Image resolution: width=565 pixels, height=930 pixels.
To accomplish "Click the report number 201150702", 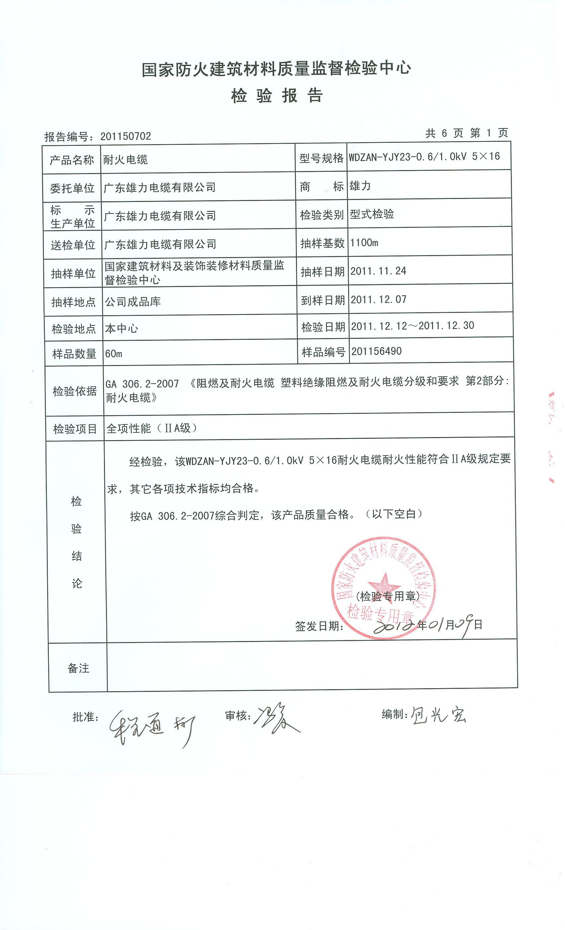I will pos(125,136).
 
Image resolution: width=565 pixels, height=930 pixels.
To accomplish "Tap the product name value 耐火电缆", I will pos(125,160).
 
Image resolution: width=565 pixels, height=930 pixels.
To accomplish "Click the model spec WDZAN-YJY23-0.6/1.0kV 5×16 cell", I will pos(424,157).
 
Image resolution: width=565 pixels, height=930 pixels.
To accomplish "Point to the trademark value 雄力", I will pos(360,186).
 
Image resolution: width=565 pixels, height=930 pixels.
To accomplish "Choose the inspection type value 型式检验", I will pos(372,214).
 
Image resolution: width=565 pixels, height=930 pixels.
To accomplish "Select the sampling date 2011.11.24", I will pos(378,271).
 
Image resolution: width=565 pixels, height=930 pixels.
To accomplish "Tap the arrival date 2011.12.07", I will pos(379,300).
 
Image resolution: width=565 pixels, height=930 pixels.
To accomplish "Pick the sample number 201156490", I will pos(376,351).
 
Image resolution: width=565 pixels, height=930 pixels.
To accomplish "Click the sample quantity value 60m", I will pos(114,354).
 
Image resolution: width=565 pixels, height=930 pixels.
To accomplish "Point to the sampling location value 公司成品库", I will pos(133,302).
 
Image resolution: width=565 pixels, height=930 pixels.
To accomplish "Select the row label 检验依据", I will pos(75,391).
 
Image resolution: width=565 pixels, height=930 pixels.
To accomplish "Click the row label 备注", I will pos(78,668).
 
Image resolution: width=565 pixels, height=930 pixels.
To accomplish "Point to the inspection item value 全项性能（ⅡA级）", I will pos(152,428).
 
